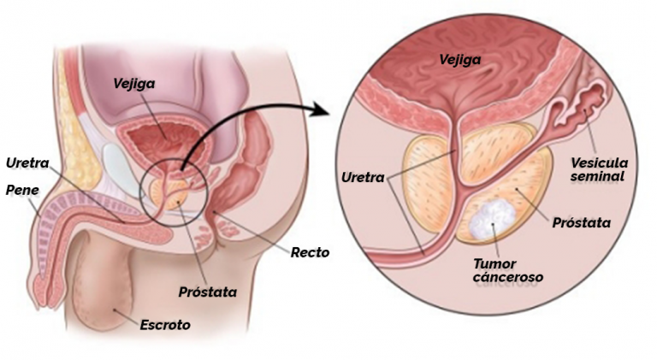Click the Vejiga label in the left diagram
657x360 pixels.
point(134,83)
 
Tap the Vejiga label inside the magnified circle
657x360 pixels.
point(460,60)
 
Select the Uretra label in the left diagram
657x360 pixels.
point(27,162)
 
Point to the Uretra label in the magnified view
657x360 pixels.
point(363,178)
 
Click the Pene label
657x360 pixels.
point(22,190)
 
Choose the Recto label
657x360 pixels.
point(310,252)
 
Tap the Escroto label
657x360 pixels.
point(165,325)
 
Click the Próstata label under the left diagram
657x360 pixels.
point(208,292)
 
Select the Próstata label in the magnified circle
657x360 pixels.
point(582,222)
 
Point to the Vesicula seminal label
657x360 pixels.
point(599,169)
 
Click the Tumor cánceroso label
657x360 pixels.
point(508,270)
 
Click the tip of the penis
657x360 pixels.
point(42,293)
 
